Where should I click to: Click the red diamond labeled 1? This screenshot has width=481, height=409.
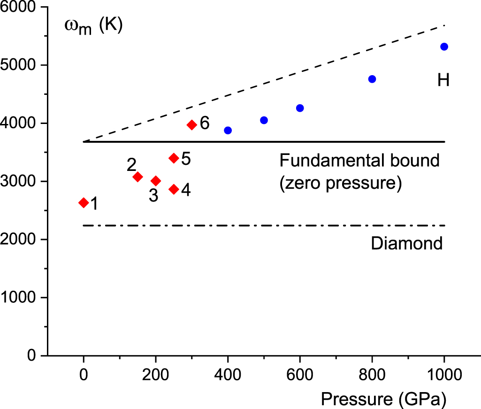(x=84, y=202)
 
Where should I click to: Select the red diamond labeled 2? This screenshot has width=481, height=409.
(x=137, y=177)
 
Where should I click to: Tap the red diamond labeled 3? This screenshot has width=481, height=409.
(x=156, y=181)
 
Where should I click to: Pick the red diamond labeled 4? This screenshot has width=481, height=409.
(x=174, y=189)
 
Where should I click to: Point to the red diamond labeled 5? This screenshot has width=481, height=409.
(x=174, y=158)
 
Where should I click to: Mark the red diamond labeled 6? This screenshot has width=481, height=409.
(x=191, y=124)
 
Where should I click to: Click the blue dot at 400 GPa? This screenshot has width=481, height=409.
(x=228, y=130)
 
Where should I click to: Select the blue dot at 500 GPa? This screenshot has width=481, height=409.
(x=264, y=120)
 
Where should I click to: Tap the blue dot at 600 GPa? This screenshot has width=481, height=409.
(x=300, y=108)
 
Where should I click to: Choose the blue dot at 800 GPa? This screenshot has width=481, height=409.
(x=372, y=79)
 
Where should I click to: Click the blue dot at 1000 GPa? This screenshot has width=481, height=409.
(x=444, y=46)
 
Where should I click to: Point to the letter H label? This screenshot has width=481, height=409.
(x=443, y=80)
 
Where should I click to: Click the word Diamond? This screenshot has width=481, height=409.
(x=406, y=243)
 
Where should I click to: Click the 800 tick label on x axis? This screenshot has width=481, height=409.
(x=372, y=376)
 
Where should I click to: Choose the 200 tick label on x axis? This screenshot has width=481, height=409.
(x=156, y=376)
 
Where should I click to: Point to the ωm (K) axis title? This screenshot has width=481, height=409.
(x=93, y=25)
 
